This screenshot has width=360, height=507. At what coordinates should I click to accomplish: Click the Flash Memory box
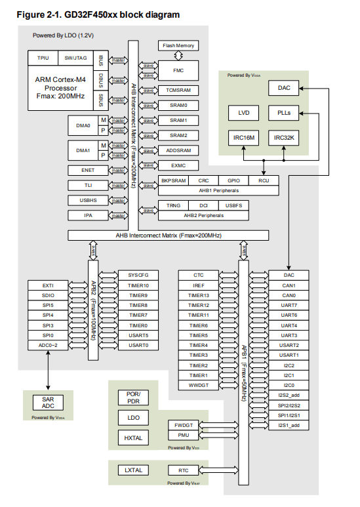point(178,45)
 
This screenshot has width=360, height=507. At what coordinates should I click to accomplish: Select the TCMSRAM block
point(178,90)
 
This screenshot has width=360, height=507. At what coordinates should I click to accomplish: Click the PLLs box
point(283,112)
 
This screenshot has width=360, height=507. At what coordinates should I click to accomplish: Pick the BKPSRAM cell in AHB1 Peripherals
point(172,180)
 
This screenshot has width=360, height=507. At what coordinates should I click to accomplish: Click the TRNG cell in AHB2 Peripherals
point(172,205)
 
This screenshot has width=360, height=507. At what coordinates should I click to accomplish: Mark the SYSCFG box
point(138,275)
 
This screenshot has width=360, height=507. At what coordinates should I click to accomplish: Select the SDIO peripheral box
point(48,295)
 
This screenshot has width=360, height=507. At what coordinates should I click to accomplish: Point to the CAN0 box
point(289,295)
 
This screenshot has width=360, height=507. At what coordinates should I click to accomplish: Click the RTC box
point(184,470)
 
